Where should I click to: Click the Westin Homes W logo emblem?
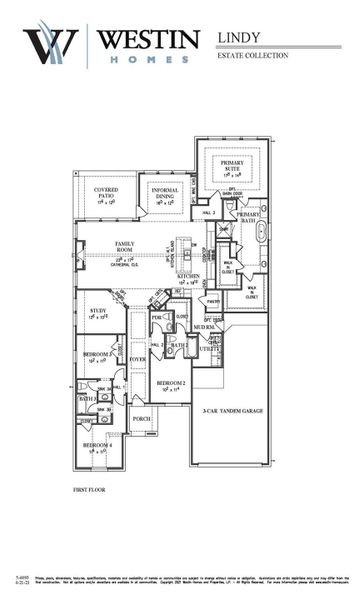click(x=50, y=45)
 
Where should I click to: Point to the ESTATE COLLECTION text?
click(x=252, y=55)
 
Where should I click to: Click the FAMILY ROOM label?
click(x=129, y=246)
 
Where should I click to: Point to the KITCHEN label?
click(x=189, y=277)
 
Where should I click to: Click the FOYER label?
click(x=137, y=359)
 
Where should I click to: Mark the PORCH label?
click(x=141, y=419)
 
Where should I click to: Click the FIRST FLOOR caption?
click(x=89, y=490)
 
